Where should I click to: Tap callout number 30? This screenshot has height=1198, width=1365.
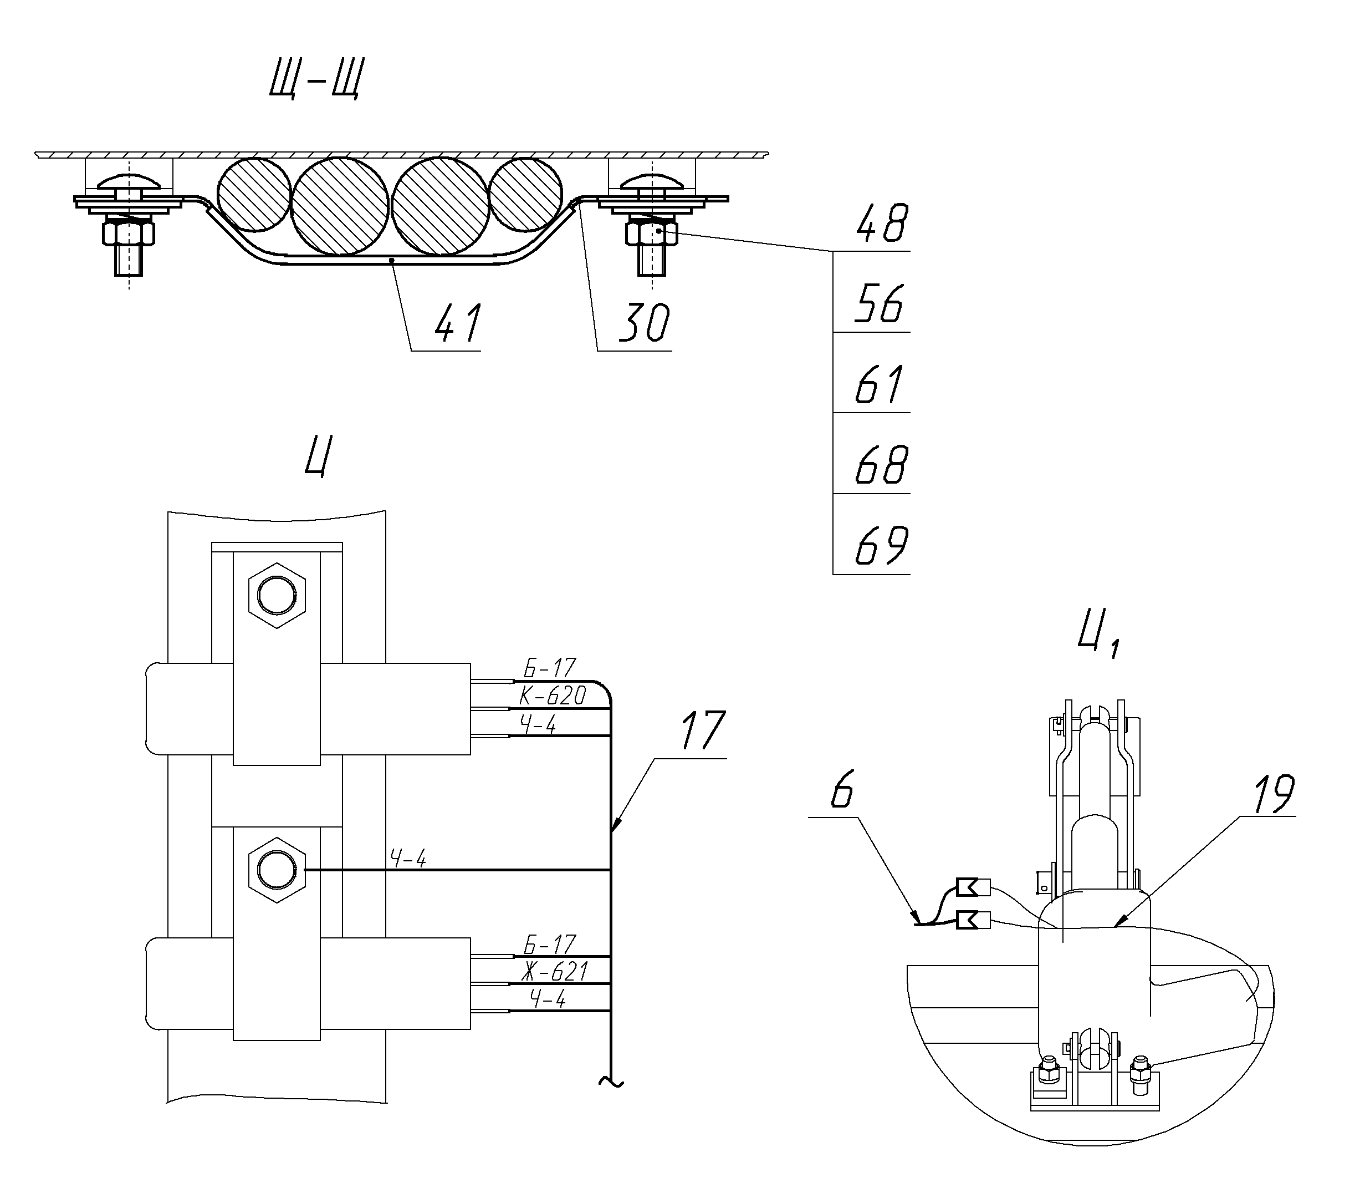(644, 323)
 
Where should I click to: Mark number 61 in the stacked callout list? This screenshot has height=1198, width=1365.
(880, 385)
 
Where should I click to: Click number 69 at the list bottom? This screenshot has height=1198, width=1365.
(882, 546)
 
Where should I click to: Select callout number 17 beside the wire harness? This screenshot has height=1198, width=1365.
(703, 731)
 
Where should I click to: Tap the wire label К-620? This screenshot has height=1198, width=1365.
(553, 697)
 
